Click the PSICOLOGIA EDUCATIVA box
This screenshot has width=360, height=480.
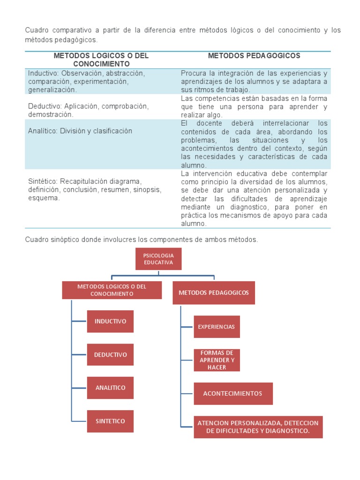[x=158, y=259]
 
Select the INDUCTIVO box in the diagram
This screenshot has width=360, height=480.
[x=110, y=322]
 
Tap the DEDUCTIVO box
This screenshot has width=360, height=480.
[x=110, y=354]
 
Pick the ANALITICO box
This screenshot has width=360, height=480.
[x=110, y=388]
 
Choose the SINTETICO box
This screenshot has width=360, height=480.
[x=110, y=421]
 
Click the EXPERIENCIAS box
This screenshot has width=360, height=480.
[x=217, y=327]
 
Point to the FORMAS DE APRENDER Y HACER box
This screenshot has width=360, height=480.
[x=217, y=360]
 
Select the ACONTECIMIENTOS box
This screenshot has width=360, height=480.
[x=233, y=393]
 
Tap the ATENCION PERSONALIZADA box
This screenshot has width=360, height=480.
[x=258, y=427]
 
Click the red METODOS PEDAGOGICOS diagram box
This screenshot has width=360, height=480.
[x=214, y=292]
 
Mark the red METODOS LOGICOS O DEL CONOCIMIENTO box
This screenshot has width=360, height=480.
[x=112, y=290]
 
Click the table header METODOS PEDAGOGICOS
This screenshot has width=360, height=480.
[x=254, y=56]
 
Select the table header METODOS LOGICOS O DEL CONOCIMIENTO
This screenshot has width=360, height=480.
[x=101, y=60]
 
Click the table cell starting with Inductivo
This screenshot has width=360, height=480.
[x=87, y=82]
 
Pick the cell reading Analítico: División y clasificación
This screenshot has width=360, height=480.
[x=80, y=131]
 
